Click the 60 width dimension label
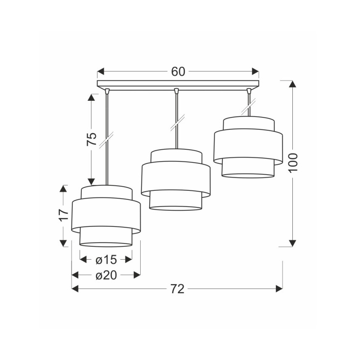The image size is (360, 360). coord(178,72)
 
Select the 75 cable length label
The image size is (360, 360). coord(92,139)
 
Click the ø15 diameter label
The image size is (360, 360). coord(106,260)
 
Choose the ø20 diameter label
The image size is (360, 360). coord(106,275)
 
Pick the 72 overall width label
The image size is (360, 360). coord(177,289)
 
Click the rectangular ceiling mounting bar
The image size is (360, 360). coord(178,84)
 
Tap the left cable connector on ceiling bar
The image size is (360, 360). coord(107,90)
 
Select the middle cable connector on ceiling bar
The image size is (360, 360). coord(176,90)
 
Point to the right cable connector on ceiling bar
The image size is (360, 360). coord(249,90)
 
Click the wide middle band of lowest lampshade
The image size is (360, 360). coord(106,213)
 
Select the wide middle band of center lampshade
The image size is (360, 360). coord(176,178)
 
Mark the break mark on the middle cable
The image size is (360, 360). coord(176,124)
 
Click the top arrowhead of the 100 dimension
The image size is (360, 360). coord(292,84)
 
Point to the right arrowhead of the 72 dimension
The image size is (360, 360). coord(279,289)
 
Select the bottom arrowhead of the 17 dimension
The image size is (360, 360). coord(63,242)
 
